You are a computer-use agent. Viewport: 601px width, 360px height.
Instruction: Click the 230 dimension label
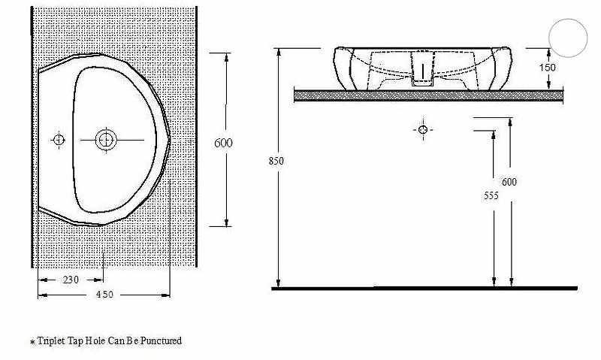coord(71,280)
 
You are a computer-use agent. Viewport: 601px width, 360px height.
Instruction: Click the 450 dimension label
coord(104,295)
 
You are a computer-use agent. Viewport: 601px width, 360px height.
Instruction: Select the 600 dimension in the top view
coord(224,143)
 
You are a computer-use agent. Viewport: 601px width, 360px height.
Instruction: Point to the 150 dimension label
coord(548,68)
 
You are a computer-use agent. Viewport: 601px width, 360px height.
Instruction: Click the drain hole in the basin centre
coord(106,139)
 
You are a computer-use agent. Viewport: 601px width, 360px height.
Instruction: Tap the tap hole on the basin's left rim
coord(58,139)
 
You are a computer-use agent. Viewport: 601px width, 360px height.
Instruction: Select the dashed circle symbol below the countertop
coord(422,130)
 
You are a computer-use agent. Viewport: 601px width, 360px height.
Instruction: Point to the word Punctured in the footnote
coord(162,341)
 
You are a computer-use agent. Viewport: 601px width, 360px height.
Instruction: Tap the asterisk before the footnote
coord(32,343)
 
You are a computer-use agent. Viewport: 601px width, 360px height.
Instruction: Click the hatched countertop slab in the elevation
coord(428,95)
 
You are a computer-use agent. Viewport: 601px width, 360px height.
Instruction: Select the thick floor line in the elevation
coord(424,288)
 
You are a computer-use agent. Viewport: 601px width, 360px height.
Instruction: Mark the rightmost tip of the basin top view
coord(172,139)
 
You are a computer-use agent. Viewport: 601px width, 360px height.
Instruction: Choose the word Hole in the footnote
coord(98,341)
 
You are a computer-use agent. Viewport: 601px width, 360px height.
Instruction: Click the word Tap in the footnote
coord(77,341)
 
